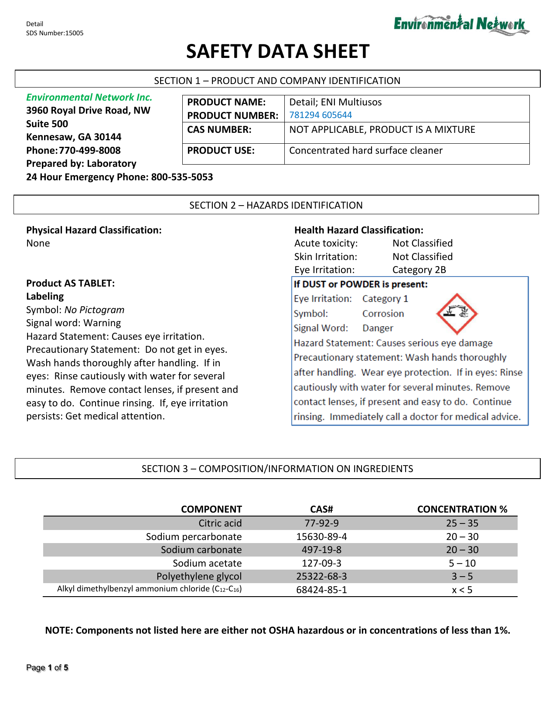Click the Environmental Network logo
pyautogui.click(x=461, y=24)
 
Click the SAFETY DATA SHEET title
pyautogui.click(x=278, y=51)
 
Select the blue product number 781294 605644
pyautogui.click(x=321, y=115)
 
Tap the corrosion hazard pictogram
pyautogui.click(x=457, y=313)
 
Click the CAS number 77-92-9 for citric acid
pyautogui.click(x=321, y=523)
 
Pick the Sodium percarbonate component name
pyautogui.click(x=194, y=537)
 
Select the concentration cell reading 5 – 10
pyautogui.click(x=462, y=563)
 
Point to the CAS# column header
pyautogui.click(x=321, y=509)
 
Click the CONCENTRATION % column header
pyautogui.click(x=462, y=509)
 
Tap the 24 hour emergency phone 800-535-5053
pyautogui.click(x=182, y=177)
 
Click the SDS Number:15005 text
pyautogui.click(x=55, y=33)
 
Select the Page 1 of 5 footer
pyautogui.click(x=47, y=668)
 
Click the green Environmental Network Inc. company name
pyautogui.click(x=89, y=97)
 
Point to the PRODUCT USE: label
pyautogui.click(x=221, y=151)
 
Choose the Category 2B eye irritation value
pyautogui.click(x=419, y=270)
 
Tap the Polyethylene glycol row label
pyautogui.click(x=199, y=576)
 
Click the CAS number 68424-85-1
pyautogui.click(x=321, y=590)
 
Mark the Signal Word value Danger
pyautogui.click(x=378, y=328)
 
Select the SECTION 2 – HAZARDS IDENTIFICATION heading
pyautogui.click(x=276, y=205)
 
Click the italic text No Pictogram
pyautogui.click(x=94, y=310)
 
